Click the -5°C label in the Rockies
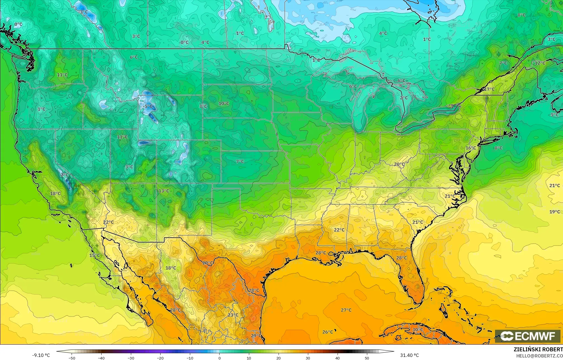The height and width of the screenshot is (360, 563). coord(148,106)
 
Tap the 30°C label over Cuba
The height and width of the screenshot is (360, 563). coord(418,330)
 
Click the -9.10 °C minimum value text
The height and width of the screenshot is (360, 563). coord(41,355)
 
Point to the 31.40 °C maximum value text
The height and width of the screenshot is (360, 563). coord(409,355)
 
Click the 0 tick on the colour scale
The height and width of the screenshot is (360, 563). coord(220,358)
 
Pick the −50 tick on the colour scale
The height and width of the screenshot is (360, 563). coord(72,358)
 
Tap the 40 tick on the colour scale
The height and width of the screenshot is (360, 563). coord(338,358)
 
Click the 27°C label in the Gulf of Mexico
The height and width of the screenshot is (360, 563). coord(346,310)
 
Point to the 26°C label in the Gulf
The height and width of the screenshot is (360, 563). coord(328,332)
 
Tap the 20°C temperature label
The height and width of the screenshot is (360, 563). coord(399,164)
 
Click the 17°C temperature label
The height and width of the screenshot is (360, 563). coord(489,89)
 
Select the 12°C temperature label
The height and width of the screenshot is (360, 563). coord(540,63)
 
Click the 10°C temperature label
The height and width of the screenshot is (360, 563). coord(224,103)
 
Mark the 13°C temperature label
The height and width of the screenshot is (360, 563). coord(164,191)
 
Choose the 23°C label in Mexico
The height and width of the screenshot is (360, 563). coord(233,315)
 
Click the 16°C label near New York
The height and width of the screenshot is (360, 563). coord(471,148)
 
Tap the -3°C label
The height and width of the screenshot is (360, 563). coord(83,12)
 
